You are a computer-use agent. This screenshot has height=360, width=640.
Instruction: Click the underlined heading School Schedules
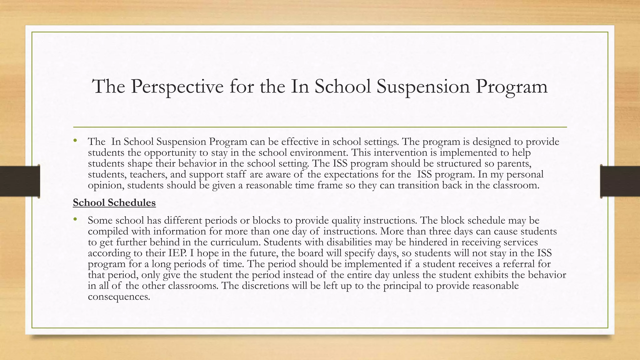pos(114,203)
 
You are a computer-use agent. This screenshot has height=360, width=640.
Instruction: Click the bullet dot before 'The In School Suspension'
pos(75,141)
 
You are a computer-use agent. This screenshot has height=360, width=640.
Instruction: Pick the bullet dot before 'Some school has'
pos(75,220)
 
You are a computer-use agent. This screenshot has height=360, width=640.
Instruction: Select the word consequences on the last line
pos(119,297)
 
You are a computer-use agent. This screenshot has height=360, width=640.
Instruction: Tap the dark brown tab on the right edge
pos(620,181)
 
